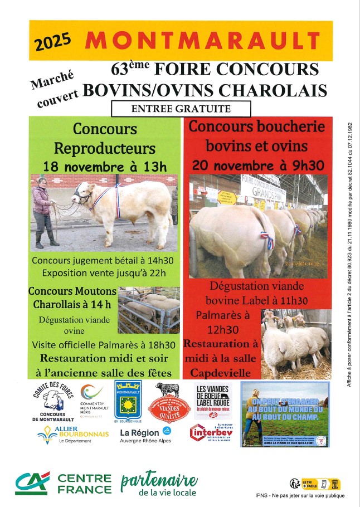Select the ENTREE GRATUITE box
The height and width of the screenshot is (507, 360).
[181, 108]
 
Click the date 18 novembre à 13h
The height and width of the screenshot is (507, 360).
[105, 166]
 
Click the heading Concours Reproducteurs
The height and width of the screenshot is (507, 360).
[105, 139]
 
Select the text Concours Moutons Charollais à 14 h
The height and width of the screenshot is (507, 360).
[72, 298]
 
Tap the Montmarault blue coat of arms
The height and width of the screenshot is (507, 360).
[128, 399]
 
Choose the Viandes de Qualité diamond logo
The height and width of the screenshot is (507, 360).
[167, 403]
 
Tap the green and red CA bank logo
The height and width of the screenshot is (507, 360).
[32, 482]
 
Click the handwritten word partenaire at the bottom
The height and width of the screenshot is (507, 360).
[159, 481]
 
